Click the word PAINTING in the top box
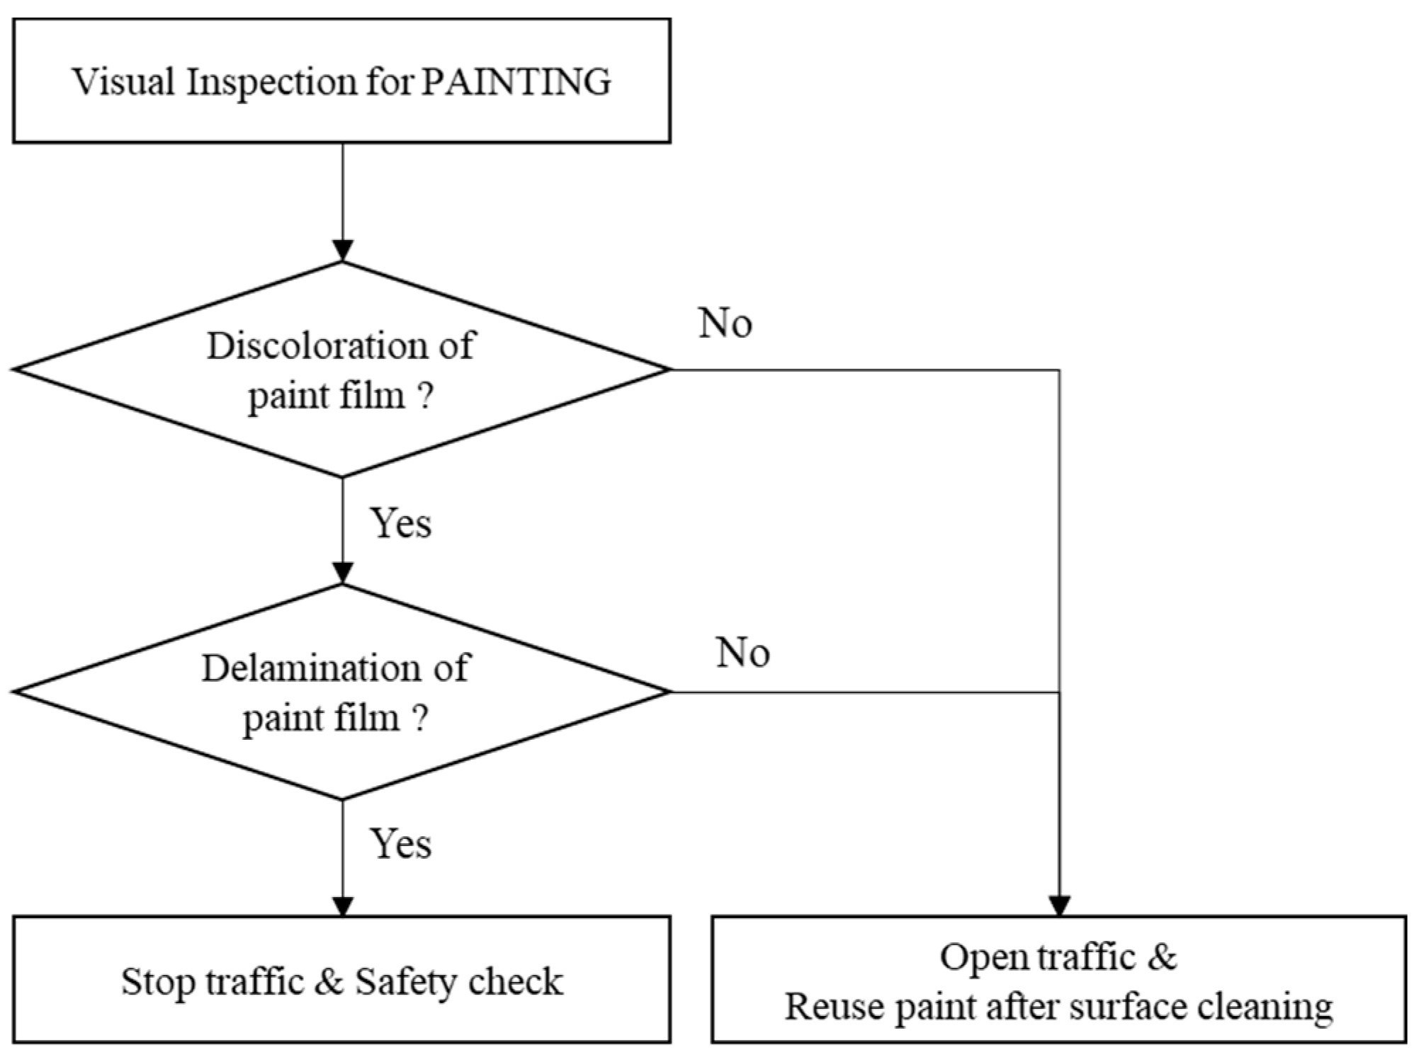tap(516, 81)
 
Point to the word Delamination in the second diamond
tap(305, 668)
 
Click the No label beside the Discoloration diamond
tap(725, 324)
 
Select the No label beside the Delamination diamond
tap(742, 652)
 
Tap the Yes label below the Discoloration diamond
tap(400, 524)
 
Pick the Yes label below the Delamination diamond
tap(400, 844)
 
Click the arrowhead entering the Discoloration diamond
tap(343, 251)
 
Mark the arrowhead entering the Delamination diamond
tap(343, 573)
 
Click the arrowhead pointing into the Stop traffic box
tap(343, 906)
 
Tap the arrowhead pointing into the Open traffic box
tap(1059, 906)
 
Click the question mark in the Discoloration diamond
tap(425, 396)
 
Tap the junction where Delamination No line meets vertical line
tap(1059, 692)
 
